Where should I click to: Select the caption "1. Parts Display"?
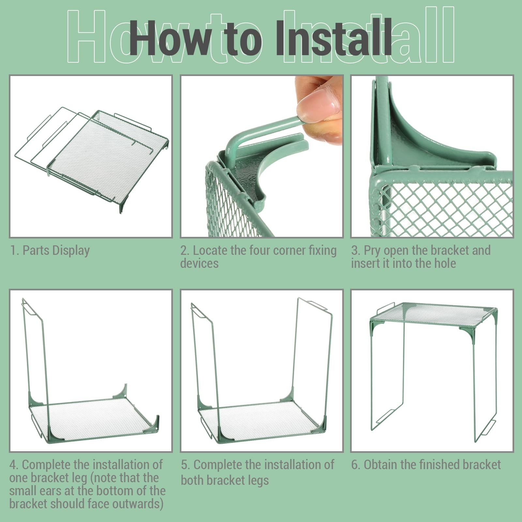click(50, 251)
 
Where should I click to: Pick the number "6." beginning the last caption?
click(356, 465)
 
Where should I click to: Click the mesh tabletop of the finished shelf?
click(434, 313)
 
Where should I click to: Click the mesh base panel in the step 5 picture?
click(261, 421)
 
